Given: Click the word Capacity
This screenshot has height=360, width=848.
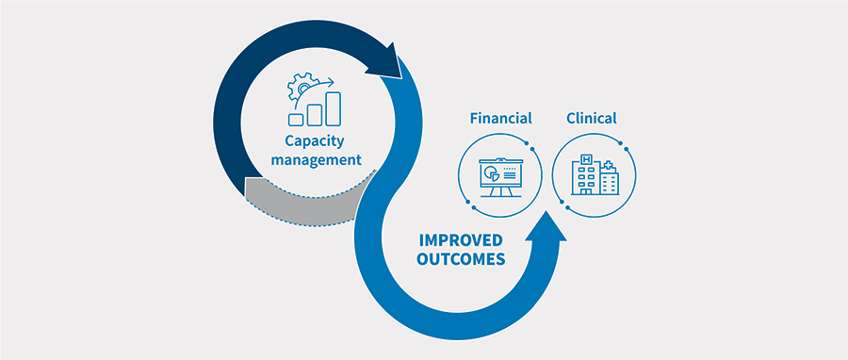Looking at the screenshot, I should (315, 141).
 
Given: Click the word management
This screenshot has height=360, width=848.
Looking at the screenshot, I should (316, 160).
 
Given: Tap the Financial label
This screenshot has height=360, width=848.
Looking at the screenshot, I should (500, 118).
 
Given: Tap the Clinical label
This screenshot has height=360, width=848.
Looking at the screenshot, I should (592, 118).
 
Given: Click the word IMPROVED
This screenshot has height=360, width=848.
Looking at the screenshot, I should (460, 239).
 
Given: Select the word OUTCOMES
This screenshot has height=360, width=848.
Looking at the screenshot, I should (459, 259).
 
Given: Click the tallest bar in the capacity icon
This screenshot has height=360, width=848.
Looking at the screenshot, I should (333, 108).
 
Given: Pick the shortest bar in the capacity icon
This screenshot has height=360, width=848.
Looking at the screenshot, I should (296, 119).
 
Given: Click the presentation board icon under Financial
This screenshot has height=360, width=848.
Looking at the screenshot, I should (500, 175).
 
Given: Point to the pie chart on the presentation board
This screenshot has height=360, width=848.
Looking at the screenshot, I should (491, 173).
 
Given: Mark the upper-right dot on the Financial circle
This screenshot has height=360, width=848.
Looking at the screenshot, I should (534, 149).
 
